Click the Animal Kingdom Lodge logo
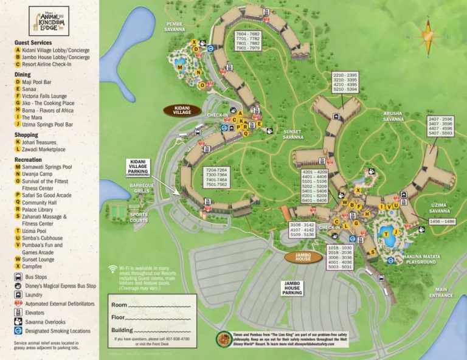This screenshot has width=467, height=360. [49, 21]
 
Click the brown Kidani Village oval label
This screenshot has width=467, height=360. [182, 110]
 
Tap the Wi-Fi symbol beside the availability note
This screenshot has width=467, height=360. [113, 269]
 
